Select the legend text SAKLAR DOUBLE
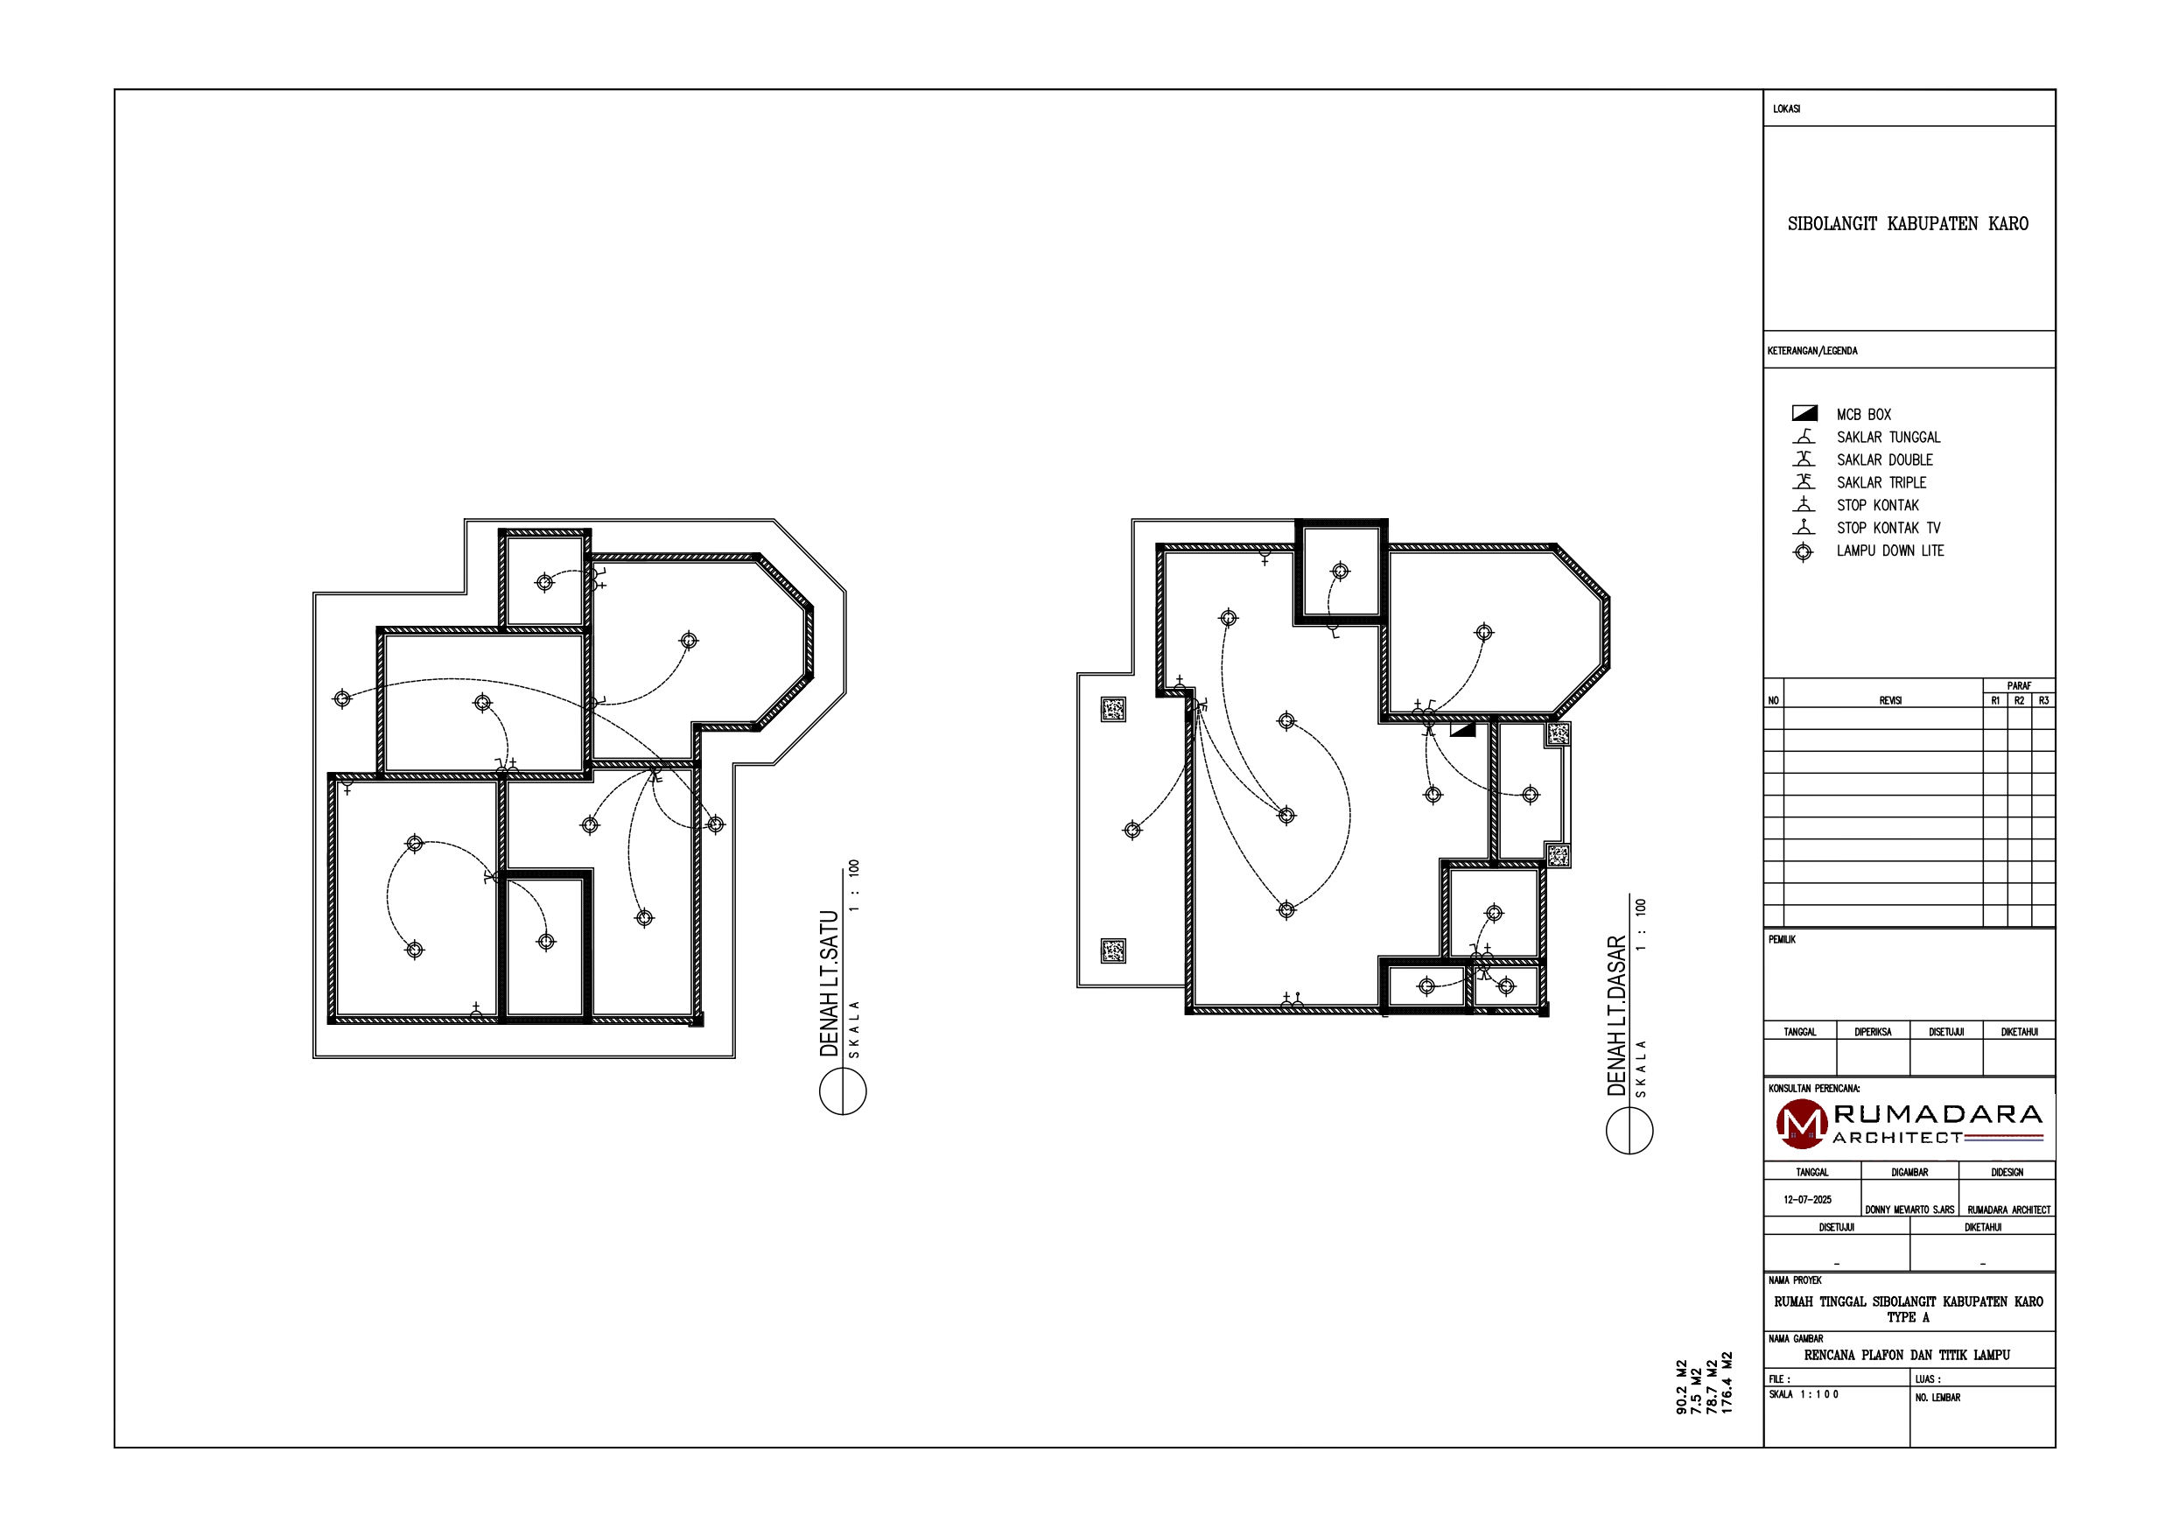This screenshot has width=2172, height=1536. [1884, 460]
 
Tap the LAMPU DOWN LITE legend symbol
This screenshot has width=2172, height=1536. [1803, 551]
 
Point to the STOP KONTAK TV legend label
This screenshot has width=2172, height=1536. [1888, 528]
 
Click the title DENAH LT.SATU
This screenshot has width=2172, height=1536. [830, 985]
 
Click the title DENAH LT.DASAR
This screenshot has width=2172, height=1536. [1616, 1016]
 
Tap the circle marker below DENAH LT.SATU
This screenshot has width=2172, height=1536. [843, 1091]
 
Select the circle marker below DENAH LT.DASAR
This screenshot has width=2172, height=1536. [1630, 1130]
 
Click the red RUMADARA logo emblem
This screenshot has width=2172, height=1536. [1801, 1124]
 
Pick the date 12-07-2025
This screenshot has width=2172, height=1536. [1808, 1200]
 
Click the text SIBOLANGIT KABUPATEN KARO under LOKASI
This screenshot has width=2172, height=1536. [1908, 224]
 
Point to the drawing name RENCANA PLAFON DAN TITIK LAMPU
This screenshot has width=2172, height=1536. [1907, 1355]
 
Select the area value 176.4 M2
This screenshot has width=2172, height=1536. [1727, 1383]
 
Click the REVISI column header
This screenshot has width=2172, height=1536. [1890, 701]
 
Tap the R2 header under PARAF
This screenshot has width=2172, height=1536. [2019, 701]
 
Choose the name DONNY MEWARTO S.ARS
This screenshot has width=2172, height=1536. [1909, 1210]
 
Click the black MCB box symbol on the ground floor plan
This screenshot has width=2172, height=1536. [1462, 730]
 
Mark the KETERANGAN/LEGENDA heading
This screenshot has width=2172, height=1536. [1811, 351]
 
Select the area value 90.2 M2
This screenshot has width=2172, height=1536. [1681, 1387]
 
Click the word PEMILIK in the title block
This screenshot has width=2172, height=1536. [1782, 940]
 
